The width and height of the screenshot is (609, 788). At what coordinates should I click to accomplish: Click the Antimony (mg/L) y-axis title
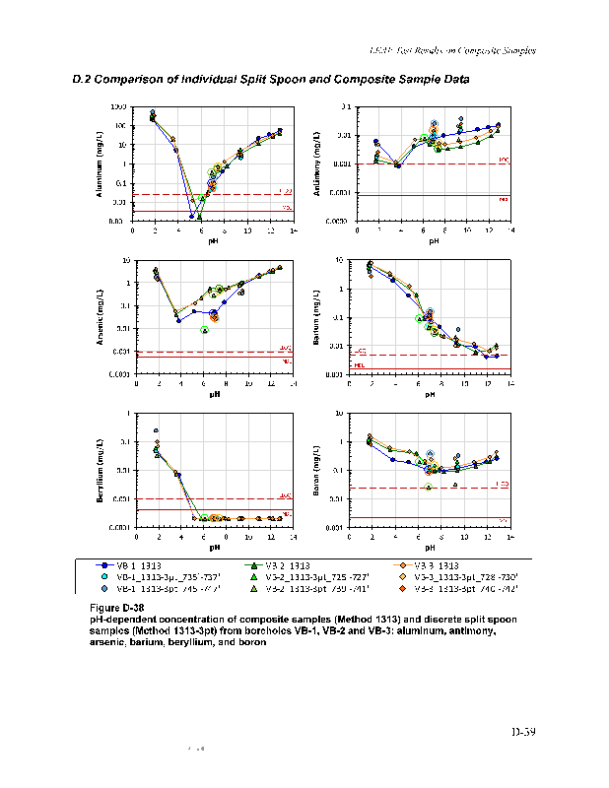(x=317, y=163)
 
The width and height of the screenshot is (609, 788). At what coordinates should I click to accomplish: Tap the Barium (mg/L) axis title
(x=317, y=317)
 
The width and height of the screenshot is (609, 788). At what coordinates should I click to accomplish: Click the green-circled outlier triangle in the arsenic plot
(x=205, y=330)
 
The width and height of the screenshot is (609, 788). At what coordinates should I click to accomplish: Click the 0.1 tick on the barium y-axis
(x=339, y=317)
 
